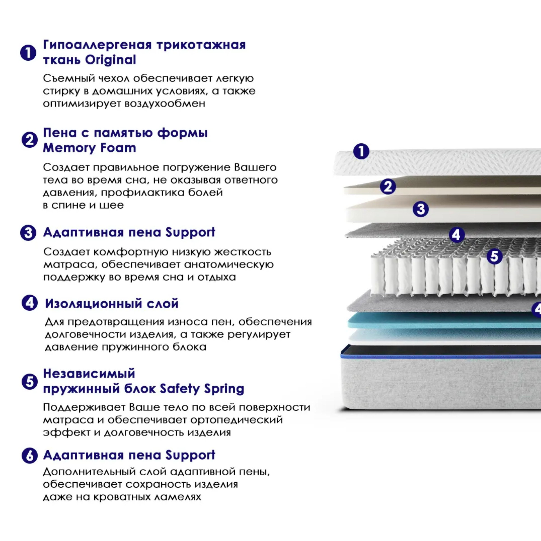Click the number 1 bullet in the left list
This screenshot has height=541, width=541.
coord(28,53)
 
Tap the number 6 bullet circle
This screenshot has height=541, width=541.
coord(29,456)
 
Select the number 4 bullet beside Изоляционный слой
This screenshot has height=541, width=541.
coord(29,303)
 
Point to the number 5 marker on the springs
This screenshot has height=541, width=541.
coord(494,256)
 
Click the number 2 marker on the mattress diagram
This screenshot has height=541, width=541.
coord(388,186)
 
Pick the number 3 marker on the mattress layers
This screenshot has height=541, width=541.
coord(421,209)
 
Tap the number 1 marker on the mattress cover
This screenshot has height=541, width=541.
coord(361,151)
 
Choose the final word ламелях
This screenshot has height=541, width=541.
coord(178,497)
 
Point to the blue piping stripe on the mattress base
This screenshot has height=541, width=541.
coord(441,356)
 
